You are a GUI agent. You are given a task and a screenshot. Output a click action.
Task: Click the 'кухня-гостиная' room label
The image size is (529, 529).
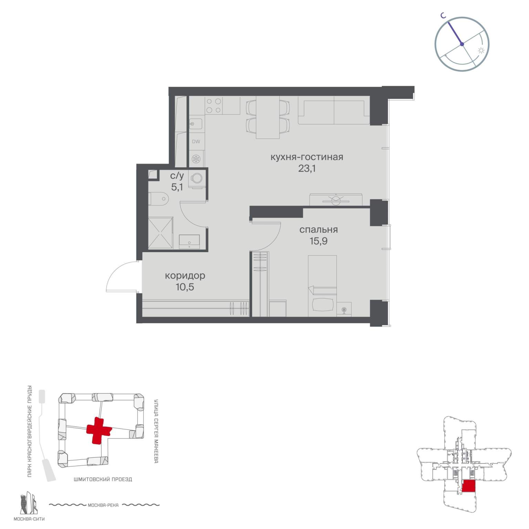tap(307, 157)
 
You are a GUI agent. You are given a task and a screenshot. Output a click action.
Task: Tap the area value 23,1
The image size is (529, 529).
tap(307, 169)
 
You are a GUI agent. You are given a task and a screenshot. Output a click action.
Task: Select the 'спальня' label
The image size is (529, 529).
tap(319, 229)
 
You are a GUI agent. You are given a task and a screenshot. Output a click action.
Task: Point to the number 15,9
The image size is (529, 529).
tap(318, 241)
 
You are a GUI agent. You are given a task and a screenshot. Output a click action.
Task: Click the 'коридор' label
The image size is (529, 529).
tap(185, 276)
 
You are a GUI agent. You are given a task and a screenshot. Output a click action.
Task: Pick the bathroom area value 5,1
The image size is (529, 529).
tap(177, 187)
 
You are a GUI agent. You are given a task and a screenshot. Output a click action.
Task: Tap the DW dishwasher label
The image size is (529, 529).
tap(196, 142)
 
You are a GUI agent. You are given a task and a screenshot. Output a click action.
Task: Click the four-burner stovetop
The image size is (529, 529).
tap(214, 105)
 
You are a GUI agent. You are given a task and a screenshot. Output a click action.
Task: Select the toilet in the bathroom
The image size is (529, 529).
tap(158, 198)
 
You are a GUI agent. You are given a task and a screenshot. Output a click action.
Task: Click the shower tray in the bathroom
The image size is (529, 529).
tap(160, 232)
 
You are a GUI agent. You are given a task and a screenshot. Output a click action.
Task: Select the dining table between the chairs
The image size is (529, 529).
tap(268, 117)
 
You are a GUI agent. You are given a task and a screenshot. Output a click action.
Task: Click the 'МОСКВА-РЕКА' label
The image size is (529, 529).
tap(103, 505)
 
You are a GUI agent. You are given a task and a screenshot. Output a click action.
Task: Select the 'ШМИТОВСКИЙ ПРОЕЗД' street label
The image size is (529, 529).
tap(103, 479)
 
